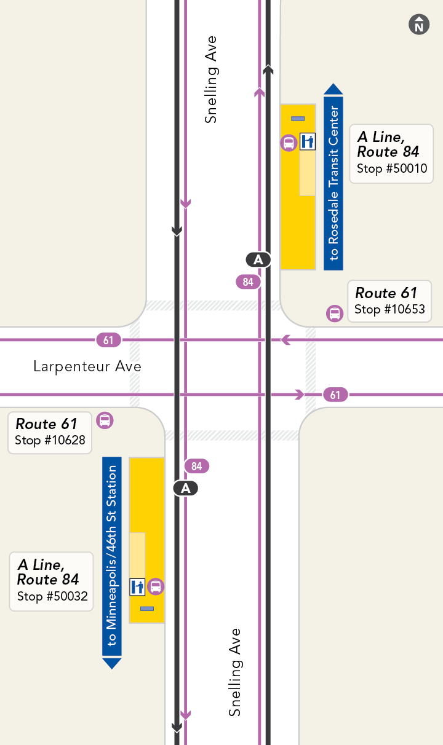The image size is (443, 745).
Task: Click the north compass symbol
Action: tap(419, 25)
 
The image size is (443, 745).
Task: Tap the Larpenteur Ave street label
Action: tap(87, 367)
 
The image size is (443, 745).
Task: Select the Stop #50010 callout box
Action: tap(391, 153)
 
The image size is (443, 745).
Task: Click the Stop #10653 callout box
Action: tap(389, 301)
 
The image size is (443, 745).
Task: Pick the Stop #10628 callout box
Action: tap(50, 433)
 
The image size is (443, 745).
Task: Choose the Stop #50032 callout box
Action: tap(52, 581)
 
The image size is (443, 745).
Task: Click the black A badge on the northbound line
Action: tap(258, 260)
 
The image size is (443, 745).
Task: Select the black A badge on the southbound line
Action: tap(186, 489)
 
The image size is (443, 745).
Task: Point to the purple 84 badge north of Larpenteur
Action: tap(248, 282)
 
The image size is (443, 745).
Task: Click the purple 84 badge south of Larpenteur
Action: tap(197, 467)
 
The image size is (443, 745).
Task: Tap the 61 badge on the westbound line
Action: tap(108, 340)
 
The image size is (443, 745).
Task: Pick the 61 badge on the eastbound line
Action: tap(335, 395)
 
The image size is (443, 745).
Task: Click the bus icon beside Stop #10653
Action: tap(335, 313)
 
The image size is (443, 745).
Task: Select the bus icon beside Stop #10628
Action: tap(105, 420)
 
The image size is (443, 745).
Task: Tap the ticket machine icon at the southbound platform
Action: tap(137, 586)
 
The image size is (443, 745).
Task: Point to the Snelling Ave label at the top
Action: tap(211, 80)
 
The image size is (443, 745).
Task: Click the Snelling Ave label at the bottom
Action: tap(234, 672)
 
